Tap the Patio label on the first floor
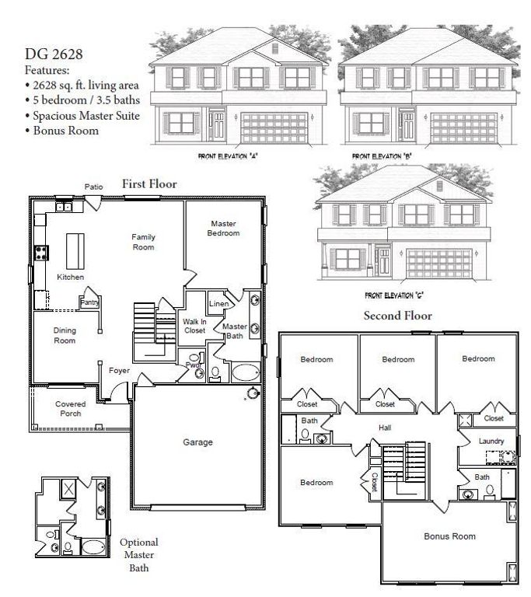point(93,187)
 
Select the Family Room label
point(143,242)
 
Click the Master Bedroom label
point(224,229)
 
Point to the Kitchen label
point(71,278)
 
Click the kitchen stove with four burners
point(41,252)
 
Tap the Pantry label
point(90,302)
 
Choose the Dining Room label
point(65,336)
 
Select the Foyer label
point(119,371)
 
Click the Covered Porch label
point(70,409)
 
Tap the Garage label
point(197,442)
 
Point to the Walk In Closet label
point(194,326)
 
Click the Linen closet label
point(218,303)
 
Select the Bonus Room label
point(449,536)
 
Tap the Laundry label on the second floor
point(492,442)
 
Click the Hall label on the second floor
point(385,428)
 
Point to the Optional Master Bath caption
point(139,555)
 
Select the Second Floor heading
point(397,316)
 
